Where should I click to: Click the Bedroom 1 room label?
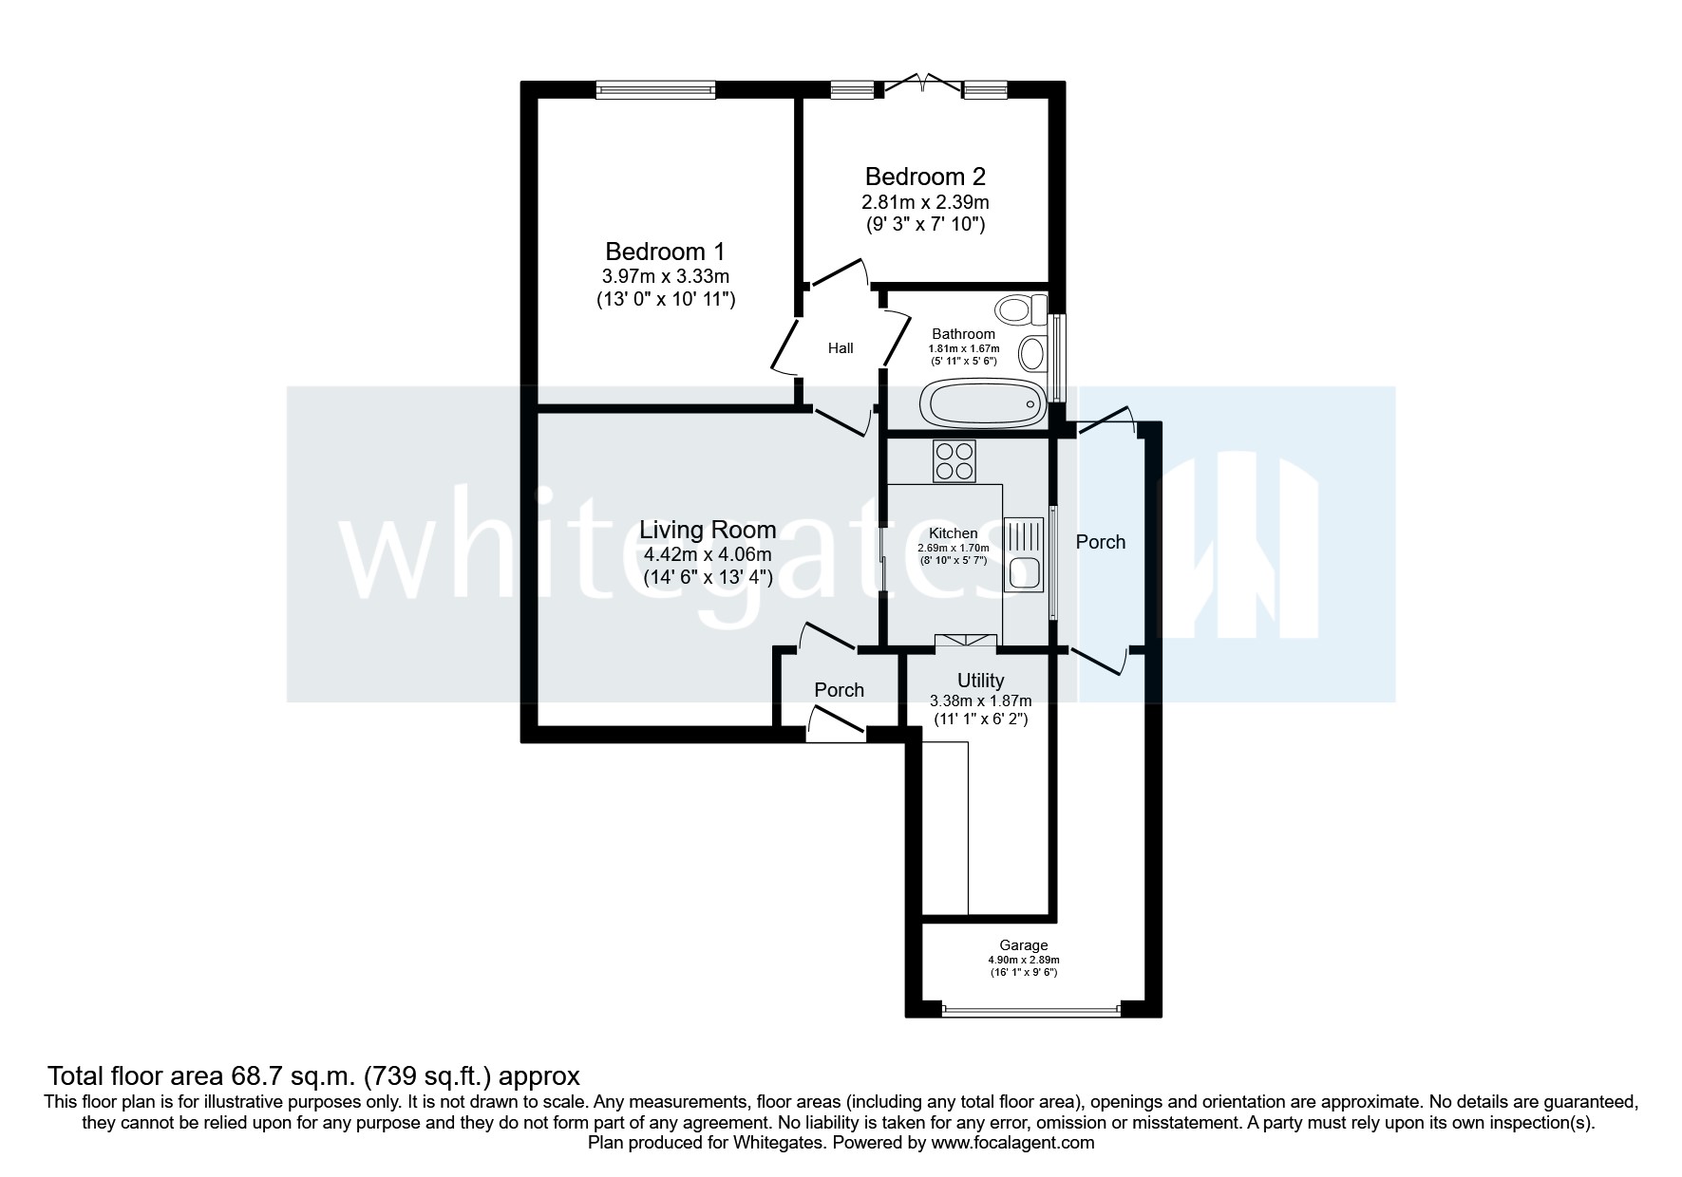pos(665,252)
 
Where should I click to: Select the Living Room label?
pos(707,530)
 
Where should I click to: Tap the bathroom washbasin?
pos(1032,356)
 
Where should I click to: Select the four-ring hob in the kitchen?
pos(954,462)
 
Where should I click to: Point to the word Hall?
pos(840,348)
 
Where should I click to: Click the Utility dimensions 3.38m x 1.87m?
pos(980,701)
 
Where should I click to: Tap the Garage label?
pos(1023,945)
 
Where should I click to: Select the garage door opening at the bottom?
pos(1031,1009)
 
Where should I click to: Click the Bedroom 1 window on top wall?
pos(655,89)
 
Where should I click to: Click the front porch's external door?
pos(836,732)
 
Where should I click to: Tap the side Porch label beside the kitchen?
pos(1100,542)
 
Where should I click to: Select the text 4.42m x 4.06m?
pos(707,554)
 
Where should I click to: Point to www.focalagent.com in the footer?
pos(1012,1143)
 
